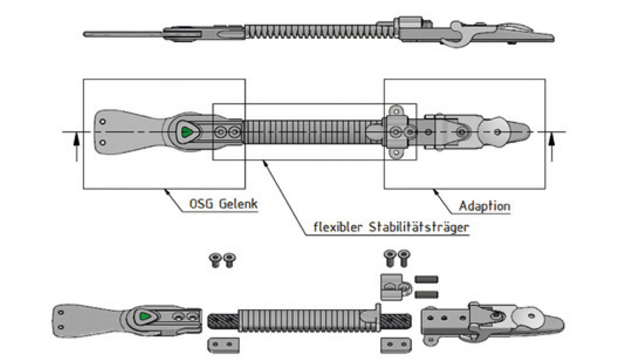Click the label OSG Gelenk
coord(222,204)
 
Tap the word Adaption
coord(484,206)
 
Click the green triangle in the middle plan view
coord(185,132)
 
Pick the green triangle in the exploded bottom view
coord(145,316)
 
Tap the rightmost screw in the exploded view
coord(404,256)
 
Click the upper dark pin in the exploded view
coord(427,279)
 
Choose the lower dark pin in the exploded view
coord(427,293)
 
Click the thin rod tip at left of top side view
coord(87,34)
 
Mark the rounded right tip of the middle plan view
coord(526,131)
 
